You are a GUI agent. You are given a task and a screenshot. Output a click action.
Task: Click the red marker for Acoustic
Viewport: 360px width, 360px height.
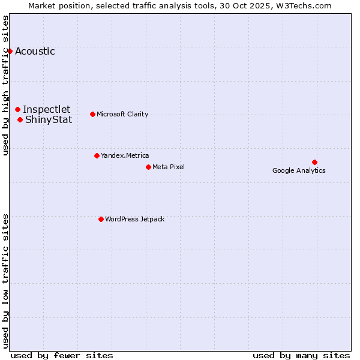coord(10,51)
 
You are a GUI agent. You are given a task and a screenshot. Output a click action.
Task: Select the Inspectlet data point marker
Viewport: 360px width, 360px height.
coord(18,109)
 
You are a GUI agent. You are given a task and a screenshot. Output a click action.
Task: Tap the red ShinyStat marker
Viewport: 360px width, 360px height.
coord(20,119)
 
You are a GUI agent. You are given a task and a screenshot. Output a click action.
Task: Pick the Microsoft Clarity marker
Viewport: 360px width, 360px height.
coord(92,114)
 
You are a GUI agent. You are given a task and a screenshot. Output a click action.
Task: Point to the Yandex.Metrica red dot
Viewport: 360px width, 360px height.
coord(97,155)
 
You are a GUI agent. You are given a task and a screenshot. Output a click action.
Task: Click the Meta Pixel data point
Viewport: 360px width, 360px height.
coord(148,167)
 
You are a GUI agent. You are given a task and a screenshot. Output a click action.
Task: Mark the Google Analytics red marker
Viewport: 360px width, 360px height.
coord(314,162)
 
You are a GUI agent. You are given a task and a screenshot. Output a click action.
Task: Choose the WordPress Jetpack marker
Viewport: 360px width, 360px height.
coord(101,219)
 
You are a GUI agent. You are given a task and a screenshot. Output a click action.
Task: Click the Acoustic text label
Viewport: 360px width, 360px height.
coord(35,51)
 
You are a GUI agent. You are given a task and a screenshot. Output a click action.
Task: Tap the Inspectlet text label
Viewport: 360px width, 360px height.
coord(46,109)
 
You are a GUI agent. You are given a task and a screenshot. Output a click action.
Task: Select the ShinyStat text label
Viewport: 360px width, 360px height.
coord(49,119)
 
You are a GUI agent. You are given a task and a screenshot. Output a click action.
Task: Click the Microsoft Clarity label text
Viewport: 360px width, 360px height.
coord(122,114)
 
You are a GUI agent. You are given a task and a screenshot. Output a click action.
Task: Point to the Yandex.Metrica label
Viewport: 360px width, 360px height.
coord(125,155)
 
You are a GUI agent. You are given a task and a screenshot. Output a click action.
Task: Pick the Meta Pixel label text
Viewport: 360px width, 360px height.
coord(169,167)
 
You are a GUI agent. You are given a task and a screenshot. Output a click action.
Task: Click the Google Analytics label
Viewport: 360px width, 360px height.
coord(299,170)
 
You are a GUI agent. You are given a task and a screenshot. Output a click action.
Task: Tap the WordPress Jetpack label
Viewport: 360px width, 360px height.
coord(134,219)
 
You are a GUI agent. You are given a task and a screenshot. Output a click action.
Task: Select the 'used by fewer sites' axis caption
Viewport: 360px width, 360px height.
coord(62,355)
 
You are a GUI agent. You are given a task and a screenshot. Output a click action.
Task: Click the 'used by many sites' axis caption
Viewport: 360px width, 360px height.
coord(301,355)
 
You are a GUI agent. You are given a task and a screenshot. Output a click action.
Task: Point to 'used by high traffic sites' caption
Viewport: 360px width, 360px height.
coord(6,85)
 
